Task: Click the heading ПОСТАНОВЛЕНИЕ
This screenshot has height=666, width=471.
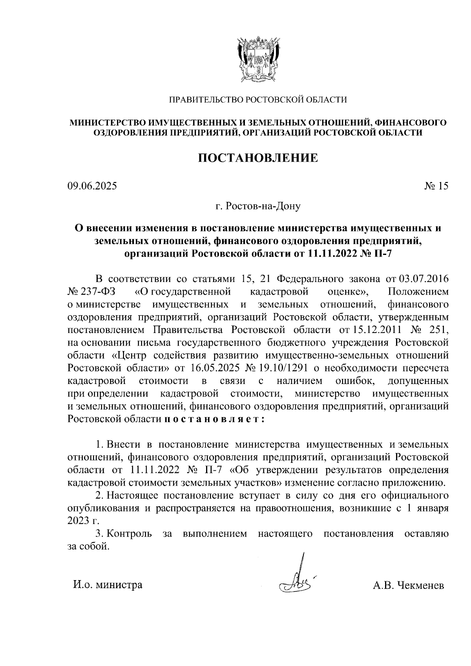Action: [257, 158]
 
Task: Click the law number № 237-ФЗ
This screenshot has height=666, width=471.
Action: [93, 292]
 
